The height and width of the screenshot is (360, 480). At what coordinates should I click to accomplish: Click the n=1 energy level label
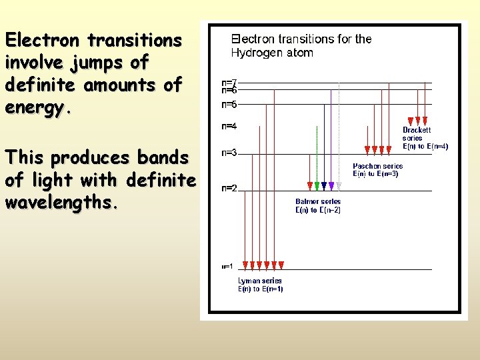(x=227, y=267)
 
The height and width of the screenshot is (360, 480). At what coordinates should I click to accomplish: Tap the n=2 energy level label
(x=229, y=188)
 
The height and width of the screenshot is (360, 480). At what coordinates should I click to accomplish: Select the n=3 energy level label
(x=229, y=153)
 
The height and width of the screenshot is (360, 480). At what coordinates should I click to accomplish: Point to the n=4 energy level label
(x=229, y=125)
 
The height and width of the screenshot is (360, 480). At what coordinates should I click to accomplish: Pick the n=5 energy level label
(x=229, y=104)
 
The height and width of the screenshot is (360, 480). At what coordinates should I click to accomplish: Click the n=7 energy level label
(x=229, y=82)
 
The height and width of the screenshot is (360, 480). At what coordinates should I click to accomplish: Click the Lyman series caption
(x=260, y=285)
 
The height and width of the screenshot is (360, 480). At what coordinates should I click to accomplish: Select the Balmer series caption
(x=318, y=205)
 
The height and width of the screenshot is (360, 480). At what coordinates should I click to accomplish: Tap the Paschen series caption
(x=377, y=169)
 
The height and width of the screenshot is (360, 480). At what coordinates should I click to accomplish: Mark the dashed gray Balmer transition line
(x=339, y=133)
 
